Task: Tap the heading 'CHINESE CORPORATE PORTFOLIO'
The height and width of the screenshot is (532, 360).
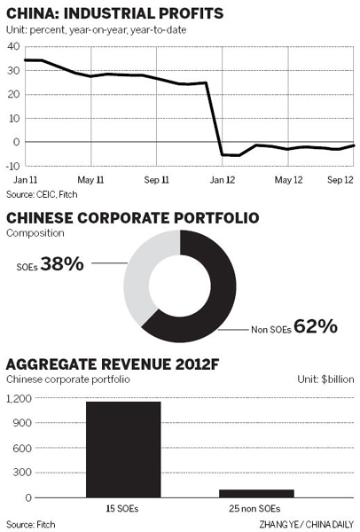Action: [132, 218]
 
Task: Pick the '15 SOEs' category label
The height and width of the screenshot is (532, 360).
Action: [123, 510]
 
